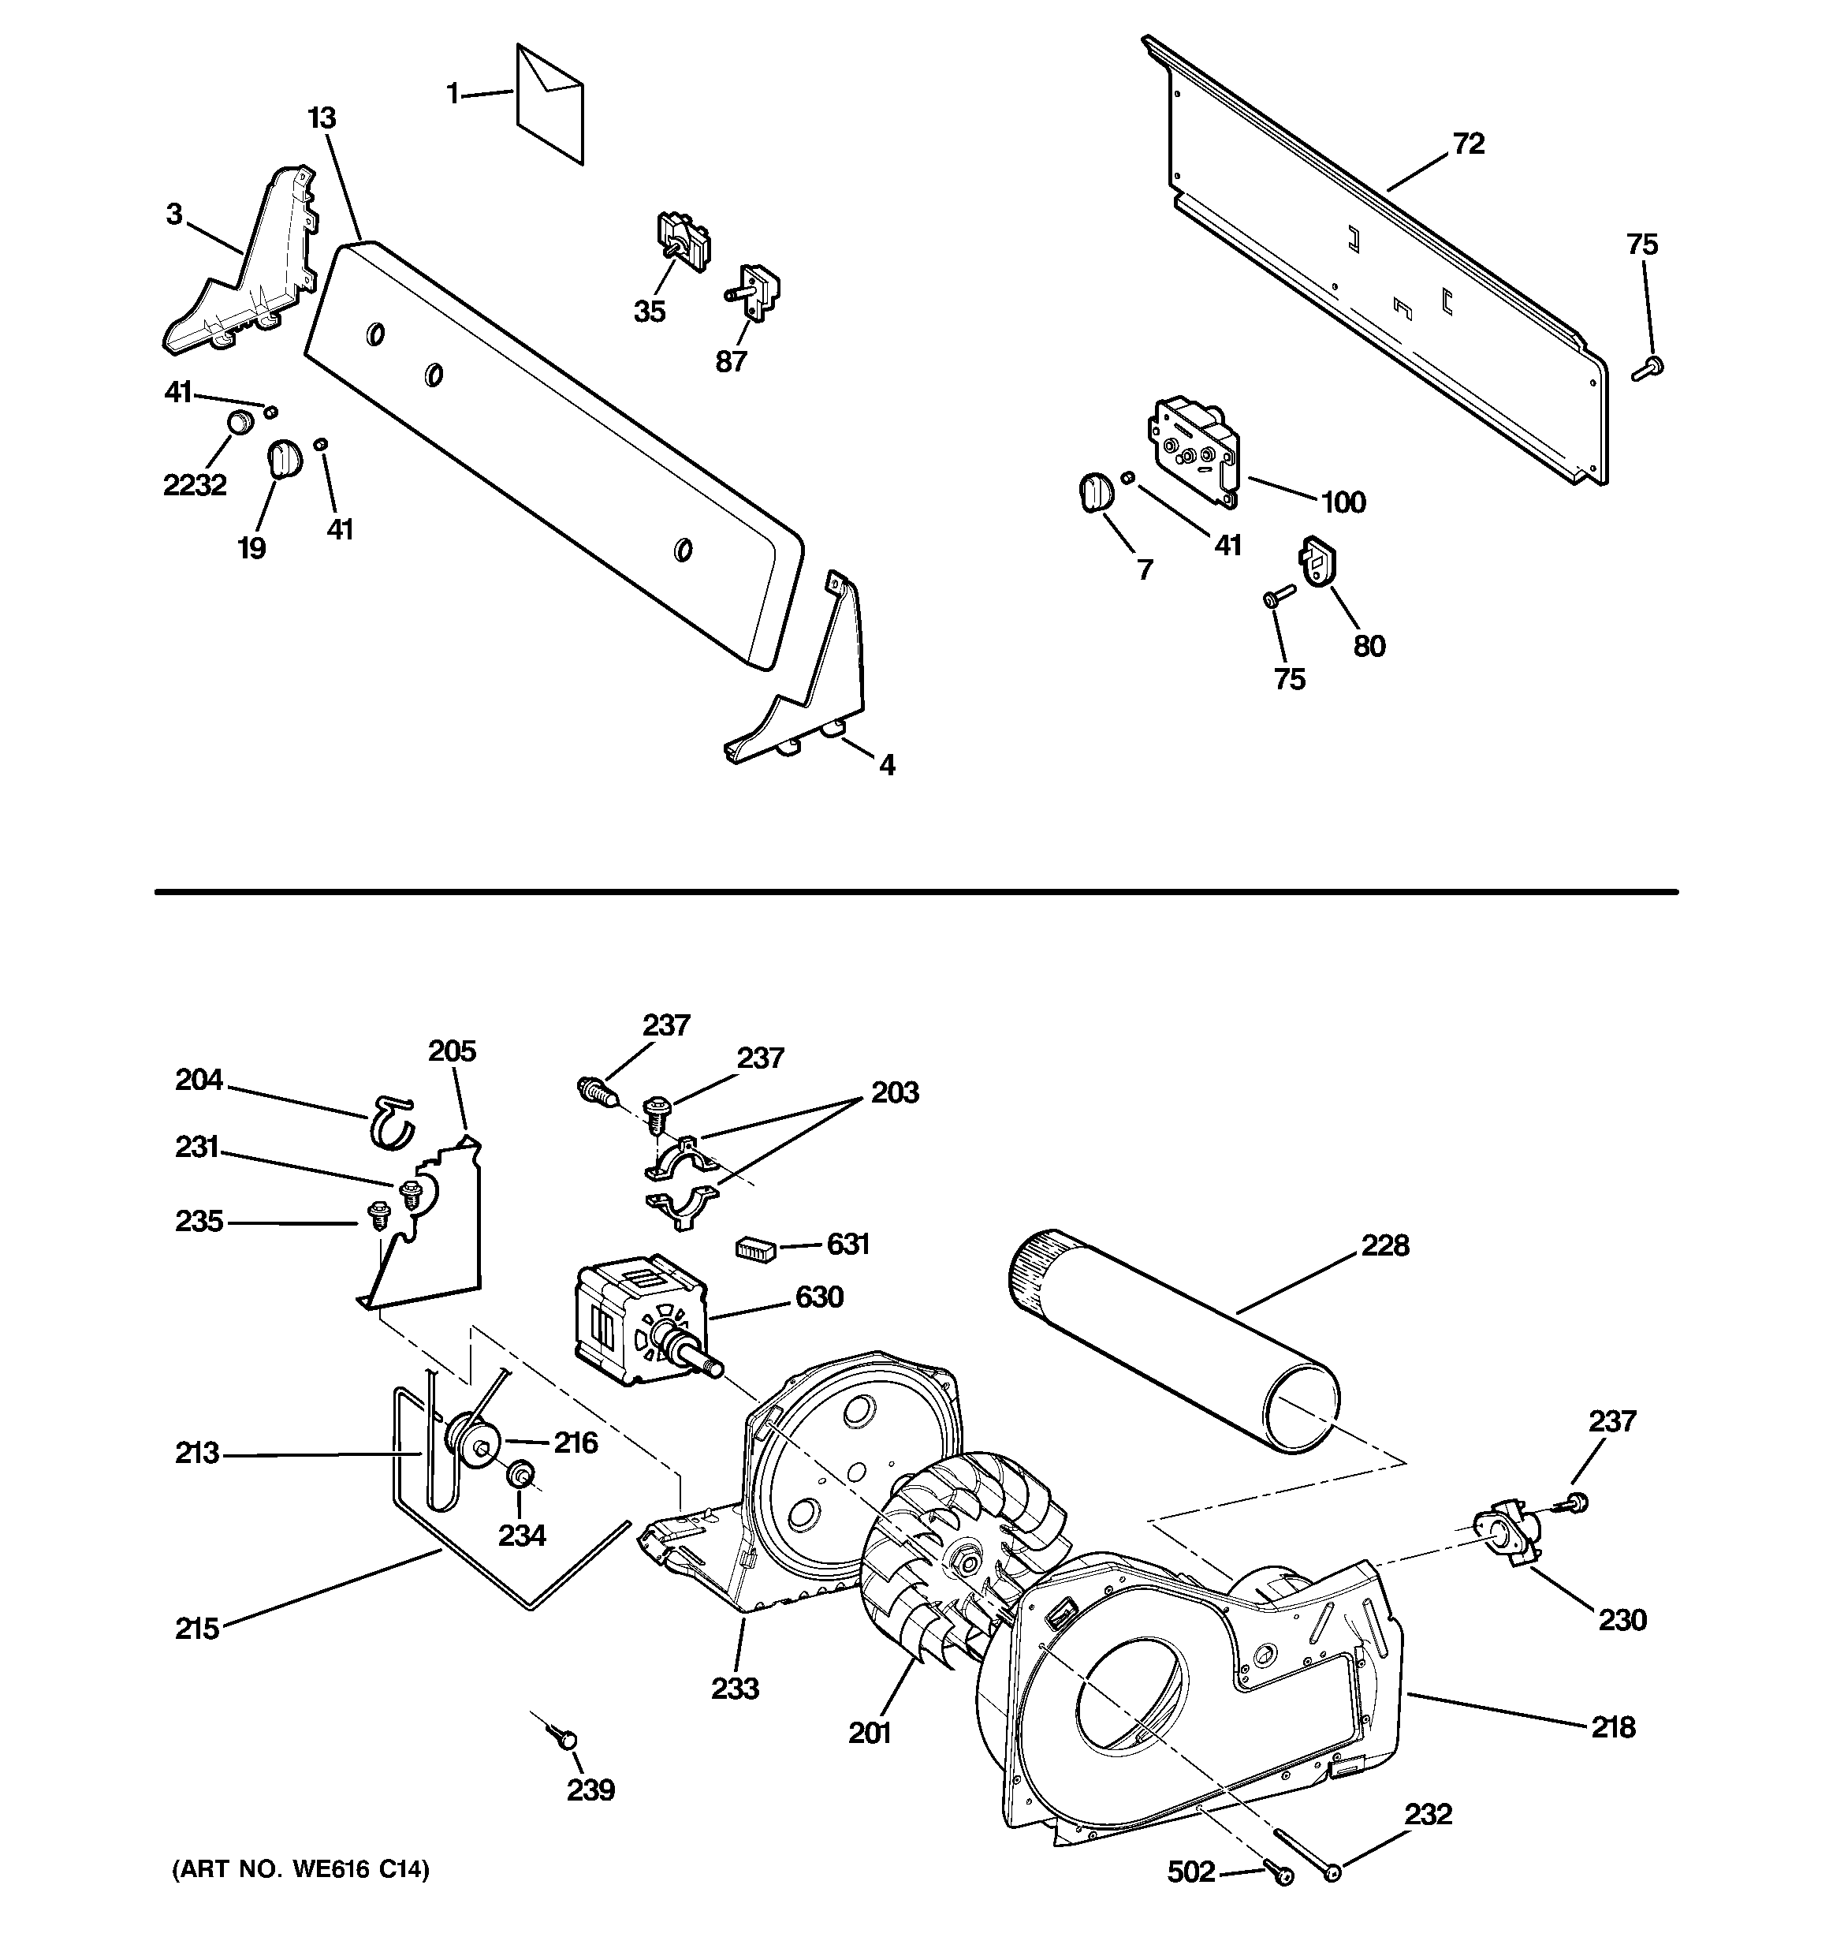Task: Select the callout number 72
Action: pyautogui.click(x=1468, y=144)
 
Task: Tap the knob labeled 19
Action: pyautogui.click(x=284, y=458)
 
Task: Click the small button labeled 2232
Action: pyautogui.click(x=240, y=424)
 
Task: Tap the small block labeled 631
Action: pyautogui.click(x=756, y=1248)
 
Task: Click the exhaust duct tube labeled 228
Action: pyautogui.click(x=1172, y=1340)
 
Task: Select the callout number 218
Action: pyautogui.click(x=1613, y=1727)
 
